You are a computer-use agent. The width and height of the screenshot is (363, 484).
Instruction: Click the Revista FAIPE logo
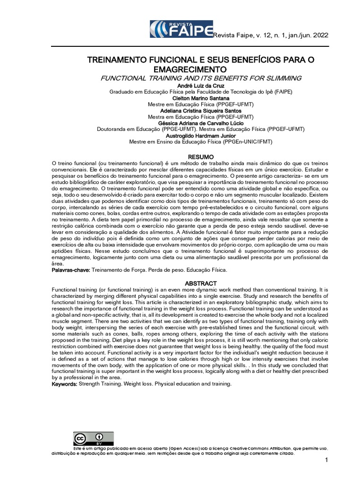click(181, 30)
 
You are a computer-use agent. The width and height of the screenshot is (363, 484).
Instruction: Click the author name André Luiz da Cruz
click(201, 86)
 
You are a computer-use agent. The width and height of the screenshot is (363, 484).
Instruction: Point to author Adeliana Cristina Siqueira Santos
click(201, 110)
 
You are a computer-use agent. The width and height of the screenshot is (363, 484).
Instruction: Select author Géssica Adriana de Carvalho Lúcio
click(201, 123)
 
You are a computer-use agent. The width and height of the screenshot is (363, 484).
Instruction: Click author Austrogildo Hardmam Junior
click(201, 135)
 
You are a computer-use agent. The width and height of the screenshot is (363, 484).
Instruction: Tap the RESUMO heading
click(201, 156)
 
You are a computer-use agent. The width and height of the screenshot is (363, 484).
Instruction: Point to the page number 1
click(326, 460)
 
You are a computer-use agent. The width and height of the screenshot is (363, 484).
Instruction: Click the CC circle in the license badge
click(80, 437)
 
